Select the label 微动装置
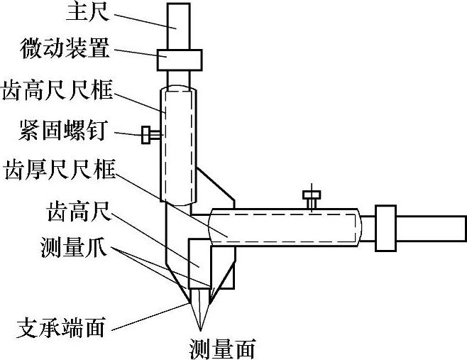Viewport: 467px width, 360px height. (65, 50)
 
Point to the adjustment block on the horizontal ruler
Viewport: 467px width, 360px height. (385, 228)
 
